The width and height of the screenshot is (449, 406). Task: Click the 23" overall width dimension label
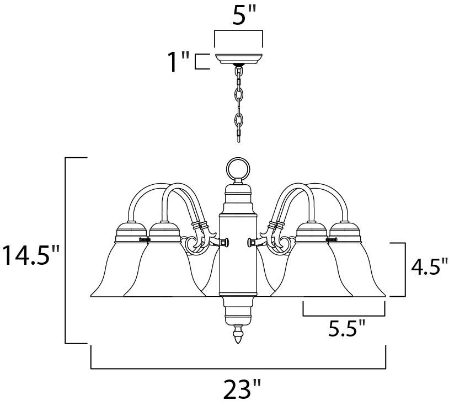(x=242, y=389)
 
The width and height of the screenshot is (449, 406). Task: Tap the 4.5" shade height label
(x=429, y=266)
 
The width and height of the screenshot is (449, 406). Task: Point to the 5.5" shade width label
(x=346, y=328)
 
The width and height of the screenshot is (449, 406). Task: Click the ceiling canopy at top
(x=238, y=58)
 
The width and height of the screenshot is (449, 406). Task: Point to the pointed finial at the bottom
(x=238, y=334)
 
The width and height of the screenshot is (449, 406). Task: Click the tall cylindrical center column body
(x=238, y=254)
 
